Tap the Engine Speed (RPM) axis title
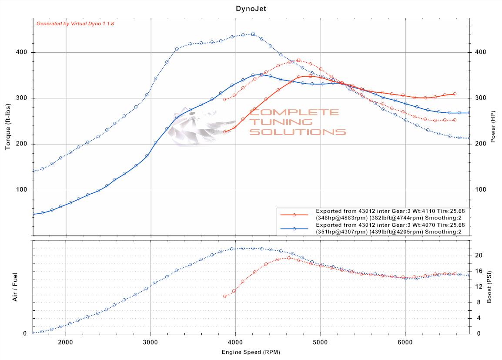[251, 352]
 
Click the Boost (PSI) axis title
[489, 287]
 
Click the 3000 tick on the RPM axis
[151, 342]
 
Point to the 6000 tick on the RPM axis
[405, 342]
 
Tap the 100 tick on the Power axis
[480, 190]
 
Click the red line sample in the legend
[294, 215]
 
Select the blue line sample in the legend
[294, 229]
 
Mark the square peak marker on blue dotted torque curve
[253, 34]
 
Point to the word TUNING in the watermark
[281, 122]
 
